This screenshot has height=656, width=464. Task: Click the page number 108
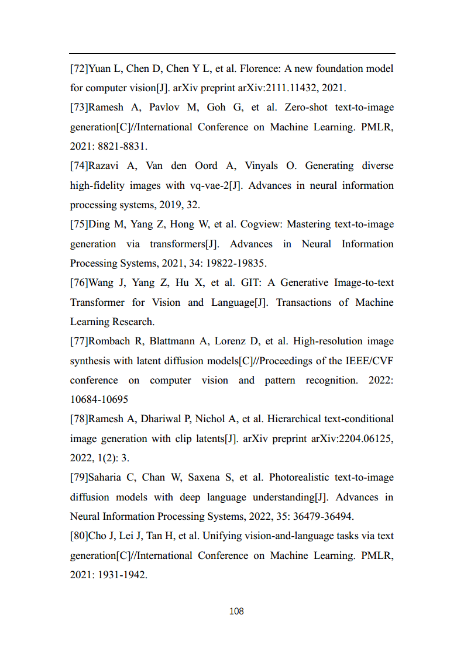pos(236,611)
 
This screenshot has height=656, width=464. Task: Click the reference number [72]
pos(79,68)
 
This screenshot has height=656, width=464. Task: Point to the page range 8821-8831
pos(121,147)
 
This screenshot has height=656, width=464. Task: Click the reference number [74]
pos(79,166)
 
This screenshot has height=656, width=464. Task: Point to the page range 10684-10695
pos(99,399)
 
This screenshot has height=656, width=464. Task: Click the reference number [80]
pos(79,536)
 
